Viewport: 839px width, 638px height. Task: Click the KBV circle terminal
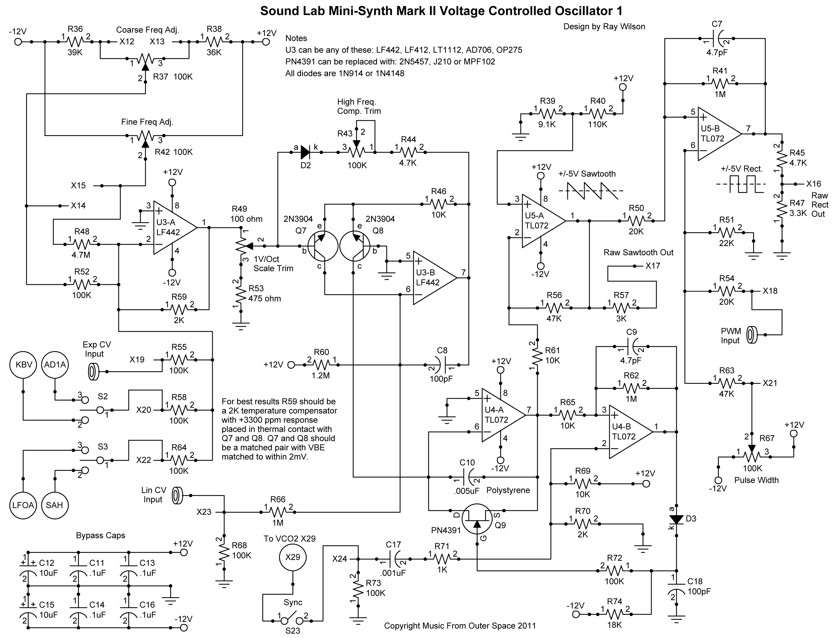pyautogui.click(x=23, y=365)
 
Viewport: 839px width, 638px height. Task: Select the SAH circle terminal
pyautogui.click(x=54, y=505)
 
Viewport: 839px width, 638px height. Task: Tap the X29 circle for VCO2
pyautogui.click(x=293, y=557)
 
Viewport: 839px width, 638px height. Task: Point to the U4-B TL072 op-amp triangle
pyautogui.click(x=629, y=432)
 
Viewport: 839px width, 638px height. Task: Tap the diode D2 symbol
pyautogui.click(x=305, y=153)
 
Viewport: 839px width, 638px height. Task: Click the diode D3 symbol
pyautogui.click(x=677, y=519)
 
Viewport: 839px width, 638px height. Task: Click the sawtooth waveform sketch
pyautogui.click(x=591, y=191)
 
